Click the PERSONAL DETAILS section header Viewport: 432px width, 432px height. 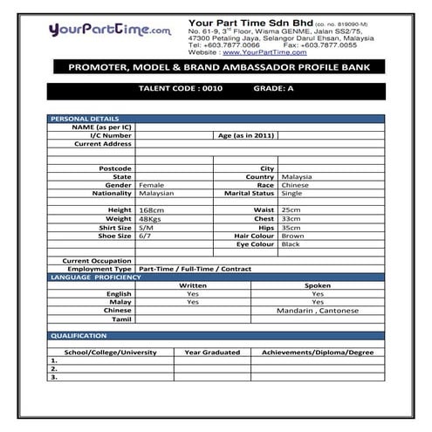click(x=85, y=118)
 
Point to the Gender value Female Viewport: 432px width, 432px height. click(x=152, y=185)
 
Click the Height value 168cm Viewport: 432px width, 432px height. click(x=152, y=210)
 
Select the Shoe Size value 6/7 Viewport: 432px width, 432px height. click(x=146, y=236)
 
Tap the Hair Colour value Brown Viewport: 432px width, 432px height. click(x=293, y=236)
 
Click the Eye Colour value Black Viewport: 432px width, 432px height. click(x=291, y=244)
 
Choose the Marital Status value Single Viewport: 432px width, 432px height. click(x=292, y=193)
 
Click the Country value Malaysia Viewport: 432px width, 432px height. click(x=297, y=176)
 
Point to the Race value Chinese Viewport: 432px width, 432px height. click(x=295, y=185)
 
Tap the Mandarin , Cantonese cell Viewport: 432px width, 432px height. click(x=317, y=310)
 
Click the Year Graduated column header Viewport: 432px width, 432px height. click(x=213, y=352)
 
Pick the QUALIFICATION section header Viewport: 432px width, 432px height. click(x=79, y=335)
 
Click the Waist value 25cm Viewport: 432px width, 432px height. click(x=291, y=210)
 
